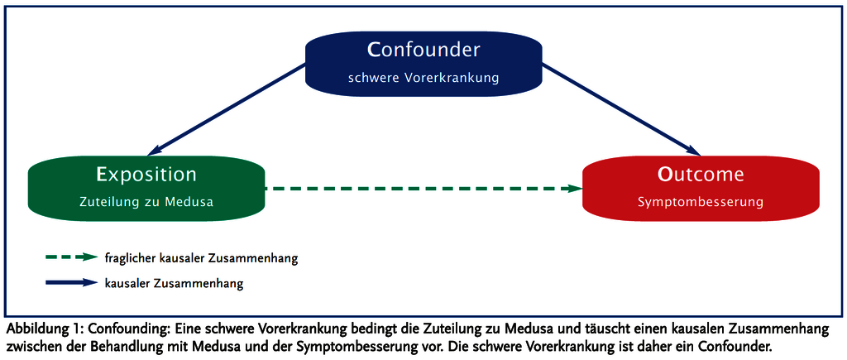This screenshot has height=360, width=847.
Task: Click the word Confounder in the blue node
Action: (x=423, y=50)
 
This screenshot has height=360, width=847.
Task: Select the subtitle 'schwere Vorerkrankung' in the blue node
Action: (x=423, y=78)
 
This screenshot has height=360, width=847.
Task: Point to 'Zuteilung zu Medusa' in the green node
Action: (x=146, y=202)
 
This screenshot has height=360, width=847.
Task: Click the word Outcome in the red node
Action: (x=701, y=175)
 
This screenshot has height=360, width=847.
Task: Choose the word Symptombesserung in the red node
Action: (x=701, y=203)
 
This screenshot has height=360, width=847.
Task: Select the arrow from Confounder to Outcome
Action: (x=621, y=109)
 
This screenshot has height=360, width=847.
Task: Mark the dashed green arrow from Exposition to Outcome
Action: (x=423, y=189)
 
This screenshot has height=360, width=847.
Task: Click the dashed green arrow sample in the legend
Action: (x=72, y=258)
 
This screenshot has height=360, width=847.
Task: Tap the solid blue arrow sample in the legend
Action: (x=72, y=283)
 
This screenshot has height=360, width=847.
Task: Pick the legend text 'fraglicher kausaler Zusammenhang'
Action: (x=202, y=258)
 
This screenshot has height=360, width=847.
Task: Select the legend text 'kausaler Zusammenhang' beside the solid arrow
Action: (x=174, y=283)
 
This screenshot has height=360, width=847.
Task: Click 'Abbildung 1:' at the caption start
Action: (x=43, y=329)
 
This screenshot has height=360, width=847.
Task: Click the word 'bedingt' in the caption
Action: (x=374, y=329)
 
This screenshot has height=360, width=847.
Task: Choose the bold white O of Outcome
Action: (x=665, y=175)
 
